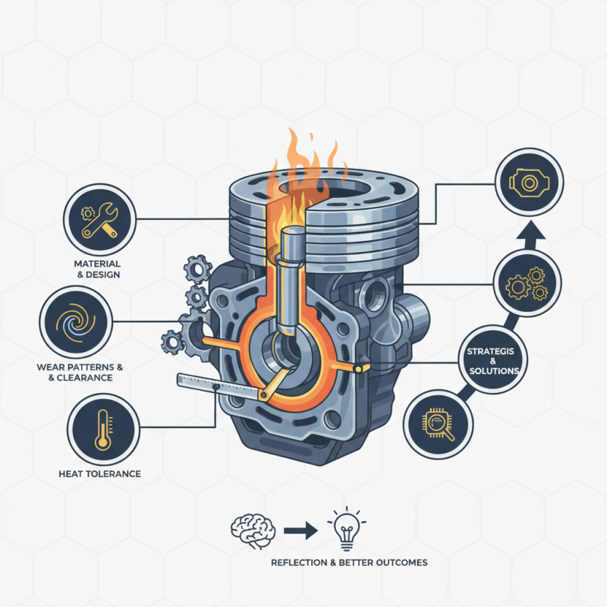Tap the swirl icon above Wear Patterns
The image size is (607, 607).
coord(74,320)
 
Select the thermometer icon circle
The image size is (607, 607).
coord(102,429)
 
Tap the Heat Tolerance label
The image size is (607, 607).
coord(99,474)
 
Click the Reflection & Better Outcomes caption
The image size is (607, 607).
coord(349,563)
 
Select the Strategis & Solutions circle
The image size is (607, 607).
coord(493,360)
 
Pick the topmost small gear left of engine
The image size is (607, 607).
coord(196,267)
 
